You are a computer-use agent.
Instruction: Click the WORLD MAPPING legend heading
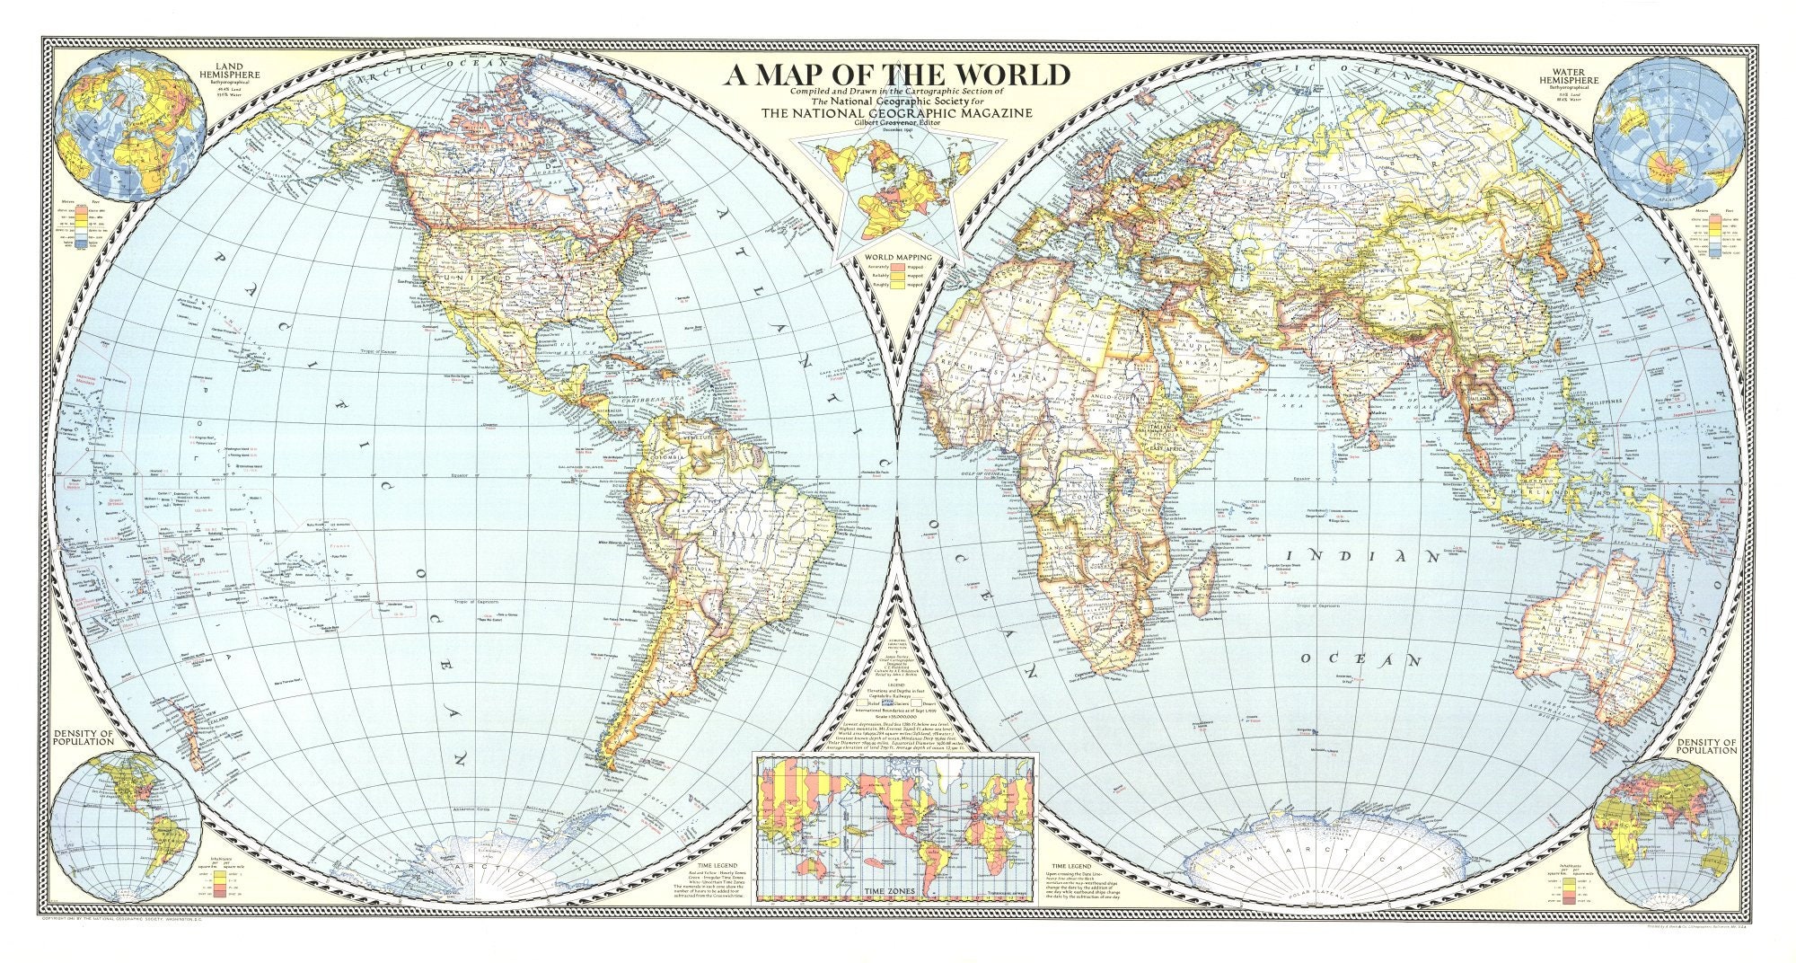click(897, 257)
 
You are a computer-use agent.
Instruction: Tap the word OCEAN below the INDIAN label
click(1360, 660)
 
